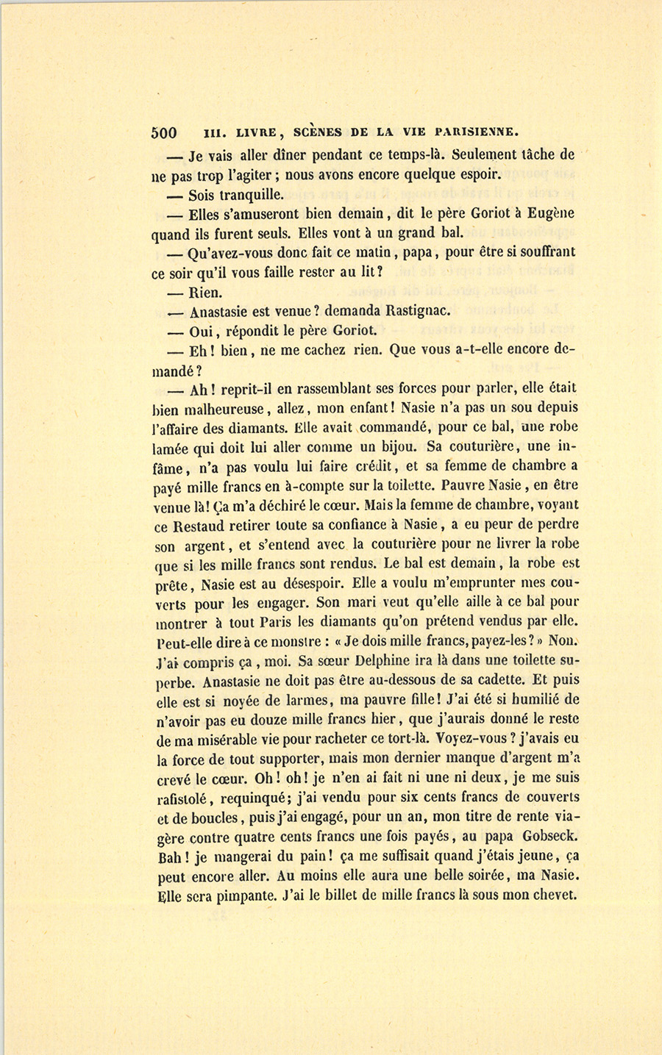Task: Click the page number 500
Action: click(x=164, y=133)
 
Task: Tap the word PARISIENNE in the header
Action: click(x=477, y=133)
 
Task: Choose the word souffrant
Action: click(x=544, y=252)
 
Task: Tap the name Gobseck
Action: click(x=548, y=837)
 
